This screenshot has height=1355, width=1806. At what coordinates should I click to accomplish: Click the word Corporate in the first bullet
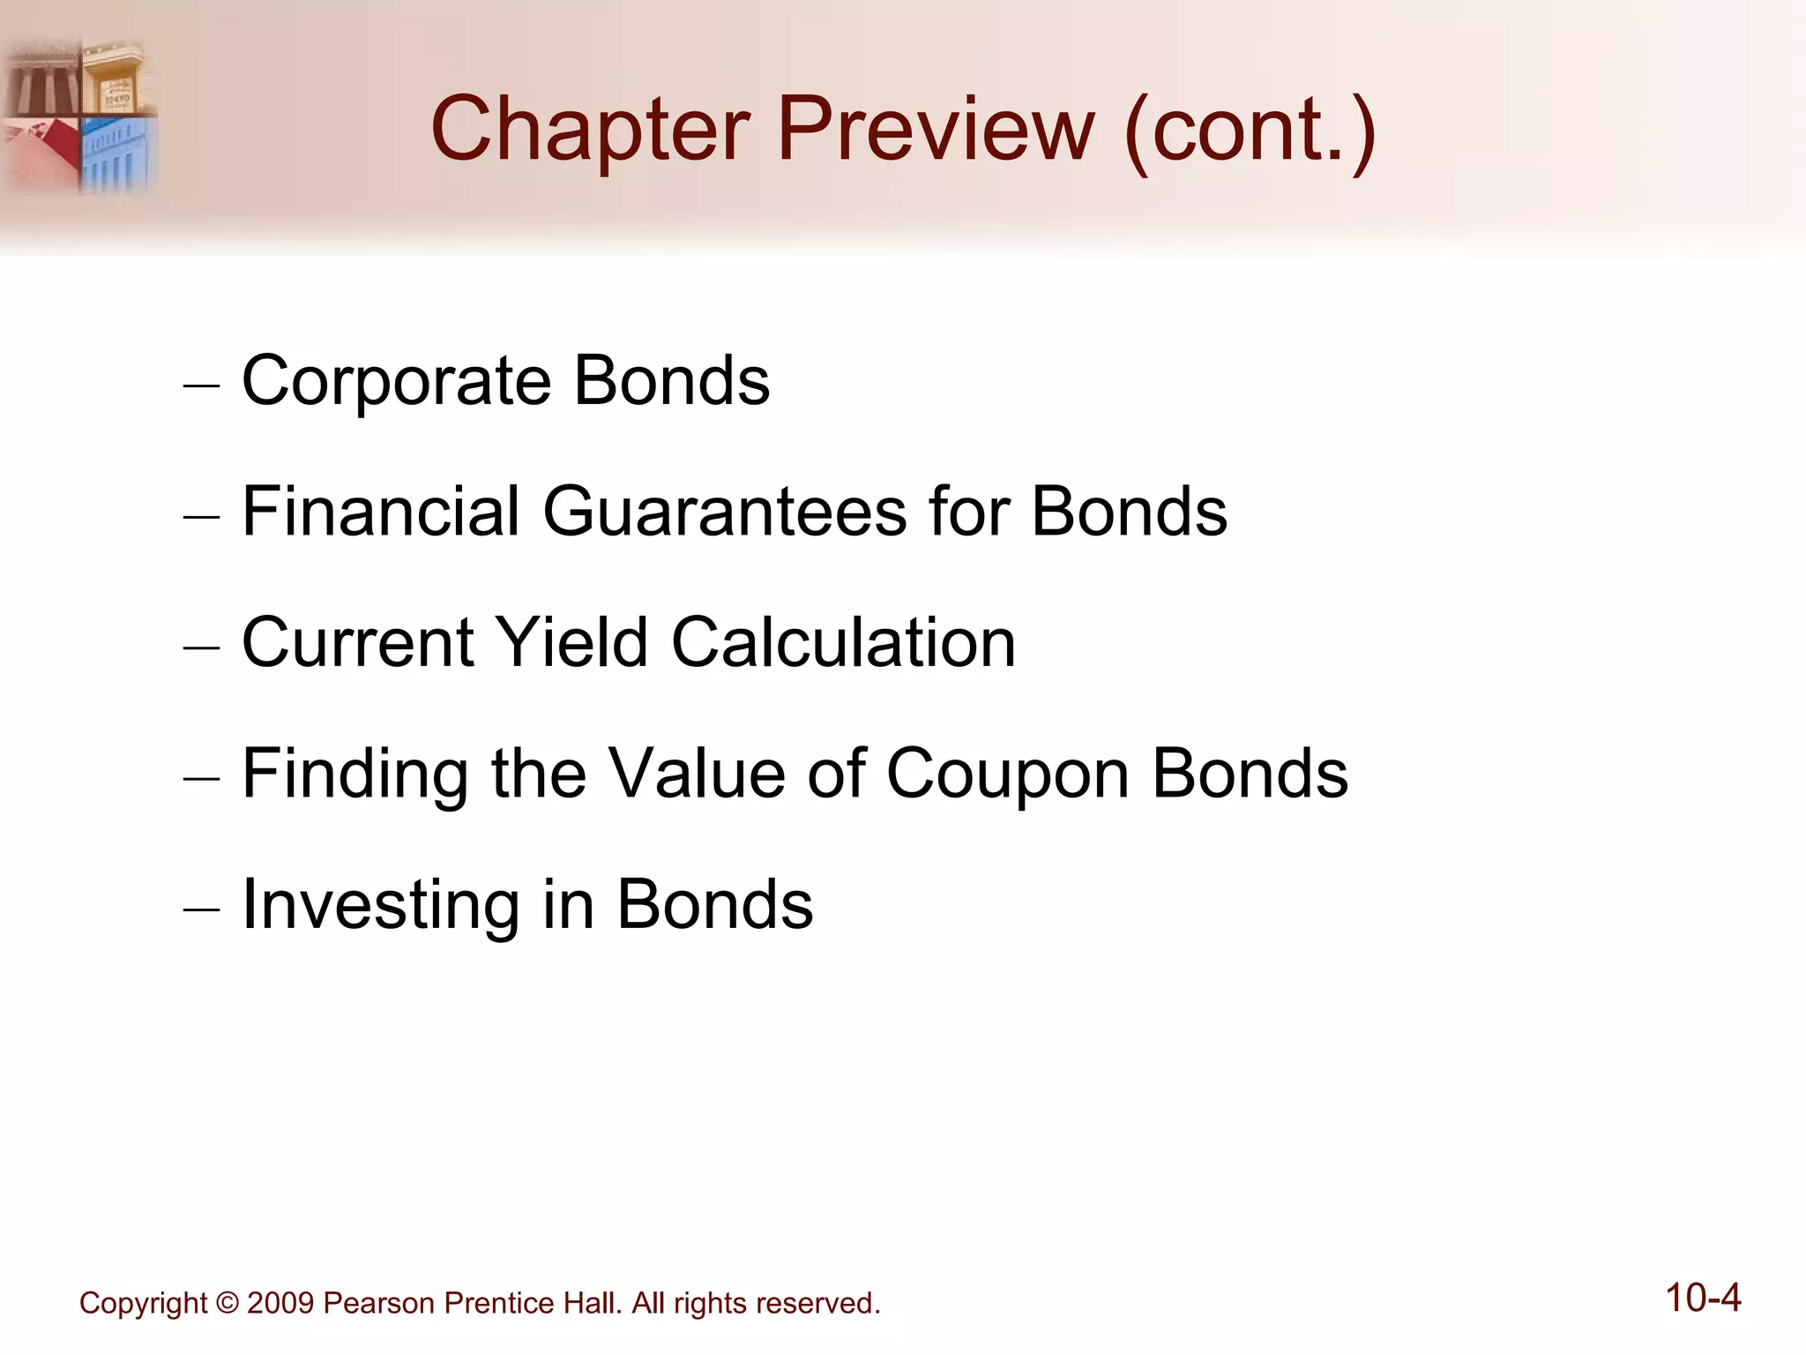pyautogui.click(x=396, y=382)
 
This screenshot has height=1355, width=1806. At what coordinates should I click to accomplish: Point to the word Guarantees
pyautogui.click(x=724, y=512)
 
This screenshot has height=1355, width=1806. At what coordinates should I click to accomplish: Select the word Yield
pyautogui.click(x=571, y=642)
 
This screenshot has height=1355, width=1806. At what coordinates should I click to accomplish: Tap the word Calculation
pyautogui.click(x=844, y=642)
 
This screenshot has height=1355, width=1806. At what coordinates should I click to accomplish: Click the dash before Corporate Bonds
pyautogui.click(x=201, y=386)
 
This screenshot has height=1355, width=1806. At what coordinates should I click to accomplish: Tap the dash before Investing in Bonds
pyautogui.click(x=201, y=910)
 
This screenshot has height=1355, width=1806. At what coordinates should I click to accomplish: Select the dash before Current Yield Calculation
pyautogui.click(x=201, y=647)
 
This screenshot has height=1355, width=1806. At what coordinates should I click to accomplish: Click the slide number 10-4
pyautogui.click(x=1703, y=1299)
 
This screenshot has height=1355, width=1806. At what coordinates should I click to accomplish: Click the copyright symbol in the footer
pyautogui.click(x=227, y=1304)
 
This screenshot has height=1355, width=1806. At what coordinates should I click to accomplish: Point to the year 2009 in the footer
pyautogui.click(x=280, y=1304)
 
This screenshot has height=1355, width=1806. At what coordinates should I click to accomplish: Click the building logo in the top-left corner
pyautogui.click(x=79, y=115)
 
